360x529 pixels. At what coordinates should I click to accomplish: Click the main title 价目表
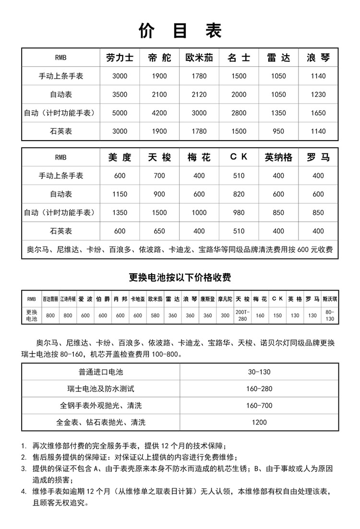tap(180, 30)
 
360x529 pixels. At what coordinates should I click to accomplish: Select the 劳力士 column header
tap(120, 58)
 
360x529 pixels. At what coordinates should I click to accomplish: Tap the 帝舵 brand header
tap(159, 58)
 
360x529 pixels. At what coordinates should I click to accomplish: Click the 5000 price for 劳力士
tap(120, 113)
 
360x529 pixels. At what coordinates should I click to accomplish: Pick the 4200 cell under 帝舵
tap(159, 113)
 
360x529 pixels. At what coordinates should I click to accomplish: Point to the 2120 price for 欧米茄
tap(199, 94)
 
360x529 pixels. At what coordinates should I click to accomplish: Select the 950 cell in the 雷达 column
tap(278, 131)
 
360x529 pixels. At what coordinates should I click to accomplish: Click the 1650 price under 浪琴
tap(318, 113)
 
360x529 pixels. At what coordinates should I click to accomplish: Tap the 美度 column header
tap(120, 157)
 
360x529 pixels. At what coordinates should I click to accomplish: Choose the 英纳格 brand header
tap(278, 157)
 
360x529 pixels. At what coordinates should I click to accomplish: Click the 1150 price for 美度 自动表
tap(120, 194)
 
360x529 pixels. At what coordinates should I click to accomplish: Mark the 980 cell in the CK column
tap(239, 213)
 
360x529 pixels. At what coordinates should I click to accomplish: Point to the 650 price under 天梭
tap(159, 231)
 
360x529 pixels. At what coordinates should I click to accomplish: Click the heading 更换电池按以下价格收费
tap(180, 277)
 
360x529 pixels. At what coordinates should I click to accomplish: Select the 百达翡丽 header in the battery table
tap(50, 298)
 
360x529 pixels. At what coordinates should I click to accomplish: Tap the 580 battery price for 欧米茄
tap(155, 315)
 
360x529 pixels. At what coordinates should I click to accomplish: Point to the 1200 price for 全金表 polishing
tap(259, 423)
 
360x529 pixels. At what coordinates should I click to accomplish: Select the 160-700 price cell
tap(259, 406)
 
